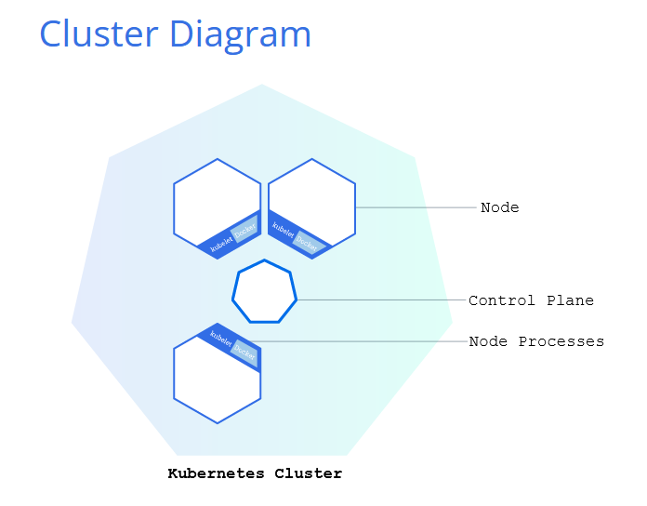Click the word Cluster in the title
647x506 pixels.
click(99, 33)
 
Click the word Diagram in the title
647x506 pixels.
click(240, 36)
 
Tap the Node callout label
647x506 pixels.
click(500, 207)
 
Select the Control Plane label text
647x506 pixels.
click(531, 300)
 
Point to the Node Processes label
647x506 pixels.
click(536, 341)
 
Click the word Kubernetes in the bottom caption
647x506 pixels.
click(216, 473)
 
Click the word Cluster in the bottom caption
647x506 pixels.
click(309, 473)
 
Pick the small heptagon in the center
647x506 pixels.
click(265, 291)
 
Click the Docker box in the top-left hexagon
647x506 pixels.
click(244, 228)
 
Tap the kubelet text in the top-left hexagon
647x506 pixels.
click(221, 245)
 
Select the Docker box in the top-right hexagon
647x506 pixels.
click(307, 242)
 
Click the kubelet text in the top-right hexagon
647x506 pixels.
click(283, 230)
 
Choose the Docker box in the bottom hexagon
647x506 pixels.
click(244, 353)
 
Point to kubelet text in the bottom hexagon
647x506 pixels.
click(220, 338)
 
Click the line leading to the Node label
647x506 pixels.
click(416, 207)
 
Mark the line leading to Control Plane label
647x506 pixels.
click(381, 300)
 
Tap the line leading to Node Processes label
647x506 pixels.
click(357, 341)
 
